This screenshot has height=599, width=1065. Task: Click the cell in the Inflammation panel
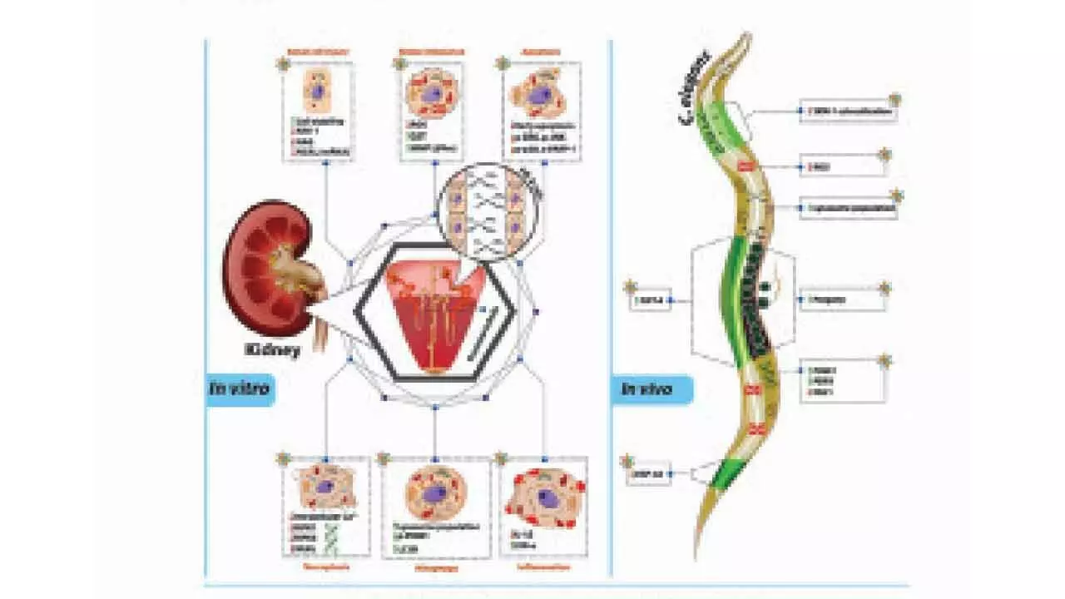(545, 499)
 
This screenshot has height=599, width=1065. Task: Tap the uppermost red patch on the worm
(745, 167)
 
